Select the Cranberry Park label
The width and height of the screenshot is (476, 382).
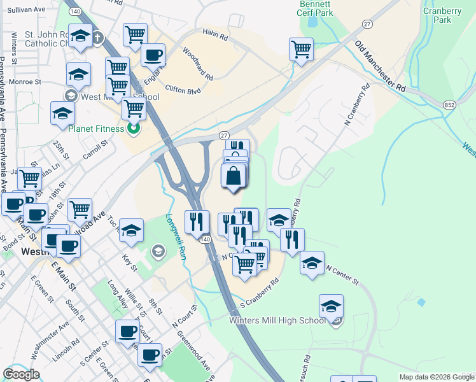pyautogui.click(x=441, y=15)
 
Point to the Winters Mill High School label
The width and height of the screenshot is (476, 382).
pyautogui.click(x=277, y=320)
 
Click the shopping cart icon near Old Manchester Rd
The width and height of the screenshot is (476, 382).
pyautogui.click(x=301, y=48)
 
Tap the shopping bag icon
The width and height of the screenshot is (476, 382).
pyautogui.click(x=234, y=175)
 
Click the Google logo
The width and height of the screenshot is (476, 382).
pyautogui.click(x=21, y=374)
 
